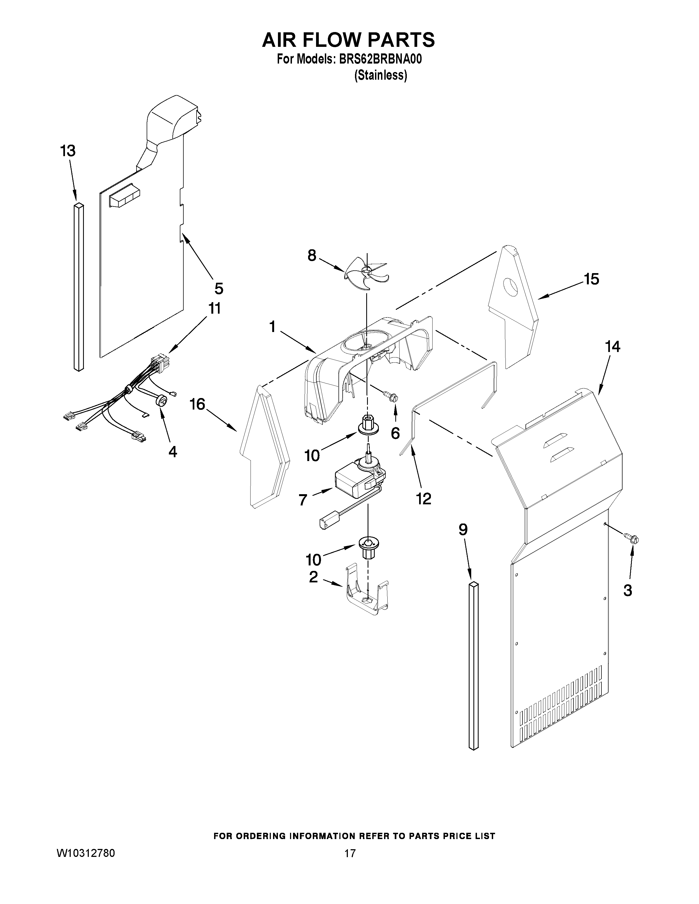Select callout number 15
591,279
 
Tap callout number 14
613,347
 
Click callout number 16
198,404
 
